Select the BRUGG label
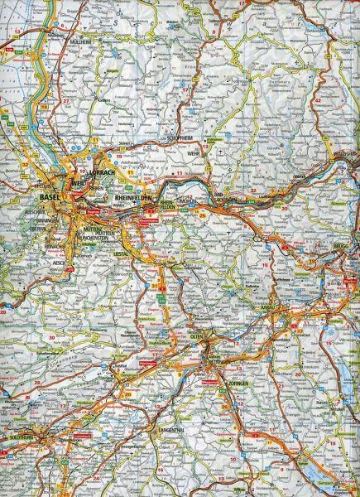(342, 248)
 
